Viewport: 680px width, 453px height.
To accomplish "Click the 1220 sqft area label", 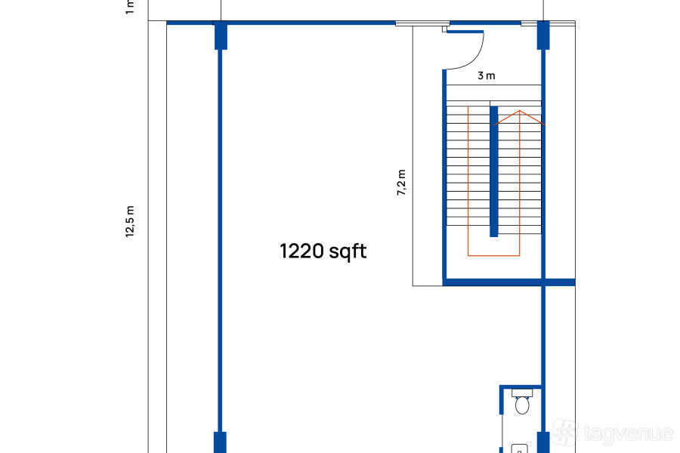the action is tap(323, 251).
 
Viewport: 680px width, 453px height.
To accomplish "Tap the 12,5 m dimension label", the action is tap(130, 221).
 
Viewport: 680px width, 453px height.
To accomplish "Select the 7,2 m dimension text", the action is tap(402, 183).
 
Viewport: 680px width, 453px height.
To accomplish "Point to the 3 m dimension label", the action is tap(486, 75).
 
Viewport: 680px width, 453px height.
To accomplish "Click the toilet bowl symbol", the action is tap(522, 405).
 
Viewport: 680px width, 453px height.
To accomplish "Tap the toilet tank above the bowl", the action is tap(522, 393).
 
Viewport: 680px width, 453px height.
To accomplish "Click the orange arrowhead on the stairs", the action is tap(519, 118).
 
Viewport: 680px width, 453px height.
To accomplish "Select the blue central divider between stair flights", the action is tap(493, 171).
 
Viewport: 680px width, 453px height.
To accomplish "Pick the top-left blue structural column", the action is tap(221, 35).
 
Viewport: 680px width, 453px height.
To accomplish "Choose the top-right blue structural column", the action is tap(543, 35).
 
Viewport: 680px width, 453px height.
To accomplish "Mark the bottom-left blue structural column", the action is tap(221, 442).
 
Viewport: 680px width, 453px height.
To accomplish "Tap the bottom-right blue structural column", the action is tap(543, 442).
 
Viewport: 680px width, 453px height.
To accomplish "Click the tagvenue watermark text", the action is tap(629, 433).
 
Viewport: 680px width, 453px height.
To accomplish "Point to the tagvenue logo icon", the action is tap(565, 432).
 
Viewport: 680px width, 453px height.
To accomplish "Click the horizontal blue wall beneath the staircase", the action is tap(508, 282).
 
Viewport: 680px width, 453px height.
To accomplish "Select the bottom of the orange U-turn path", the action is tap(493, 255).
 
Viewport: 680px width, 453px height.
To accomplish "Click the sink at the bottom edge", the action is tap(519, 448).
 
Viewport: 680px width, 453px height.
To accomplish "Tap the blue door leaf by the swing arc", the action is tap(465, 32).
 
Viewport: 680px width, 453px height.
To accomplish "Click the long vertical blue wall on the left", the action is tap(221, 241).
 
